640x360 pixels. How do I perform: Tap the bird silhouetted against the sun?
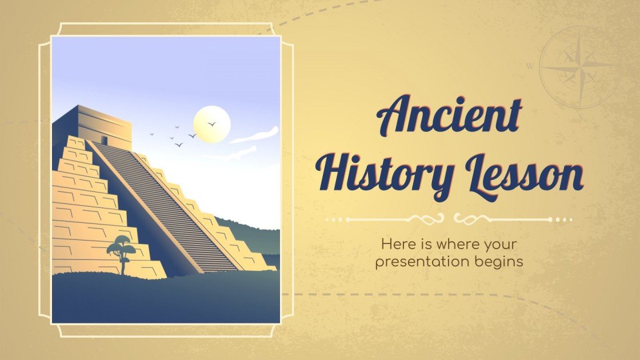211,123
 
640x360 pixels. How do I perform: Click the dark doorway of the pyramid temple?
104,139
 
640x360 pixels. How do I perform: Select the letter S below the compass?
581,117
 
